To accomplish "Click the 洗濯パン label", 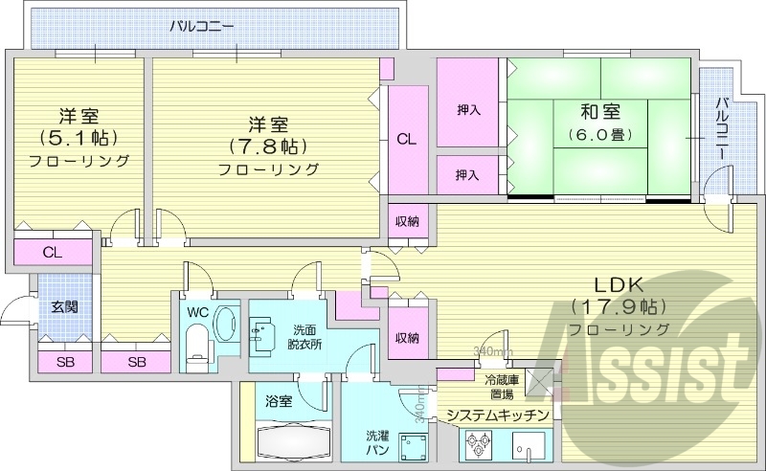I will [x=376, y=443].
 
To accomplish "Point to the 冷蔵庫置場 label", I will [x=502, y=385].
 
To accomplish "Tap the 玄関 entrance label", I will [x=65, y=307].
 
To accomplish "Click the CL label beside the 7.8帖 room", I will [x=406, y=139].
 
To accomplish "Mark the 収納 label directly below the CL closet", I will [x=406, y=222].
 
